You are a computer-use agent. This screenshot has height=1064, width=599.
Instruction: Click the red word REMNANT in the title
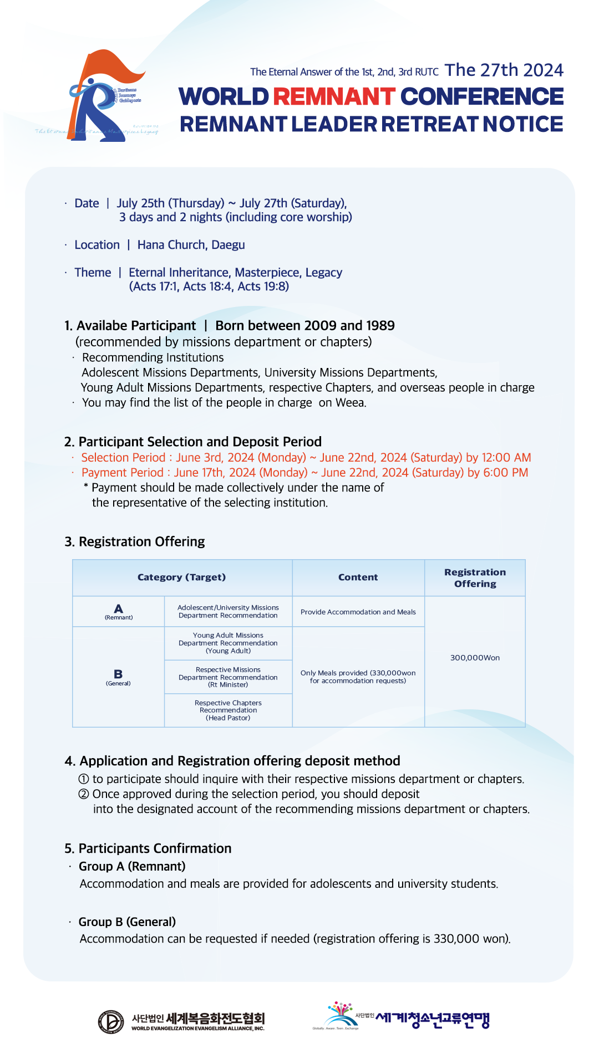[x=334, y=96]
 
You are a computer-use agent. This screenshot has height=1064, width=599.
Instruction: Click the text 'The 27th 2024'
[x=504, y=70]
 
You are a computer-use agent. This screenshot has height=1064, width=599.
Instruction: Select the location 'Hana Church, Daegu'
[x=191, y=245]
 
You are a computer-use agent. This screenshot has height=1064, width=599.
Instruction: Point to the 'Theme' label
[x=93, y=273]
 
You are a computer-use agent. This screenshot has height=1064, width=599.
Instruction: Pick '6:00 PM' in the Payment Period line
[x=505, y=473]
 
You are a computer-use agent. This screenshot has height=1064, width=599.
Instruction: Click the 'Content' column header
[x=358, y=577]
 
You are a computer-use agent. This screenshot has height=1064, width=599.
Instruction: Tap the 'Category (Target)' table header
[x=181, y=577]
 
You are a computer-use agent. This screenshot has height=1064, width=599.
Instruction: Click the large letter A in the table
[x=118, y=608]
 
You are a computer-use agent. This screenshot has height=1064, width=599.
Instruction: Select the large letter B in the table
[x=118, y=674]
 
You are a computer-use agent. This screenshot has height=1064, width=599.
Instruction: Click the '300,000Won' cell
[x=475, y=658]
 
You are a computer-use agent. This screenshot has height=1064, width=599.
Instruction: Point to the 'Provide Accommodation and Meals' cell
[x=358, y=612]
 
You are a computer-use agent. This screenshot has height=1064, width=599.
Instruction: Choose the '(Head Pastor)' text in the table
[x=228, y=718]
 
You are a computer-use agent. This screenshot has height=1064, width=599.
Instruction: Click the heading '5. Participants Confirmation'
[x=148, y=848]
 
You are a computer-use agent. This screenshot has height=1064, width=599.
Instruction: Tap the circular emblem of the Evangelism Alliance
[x=111, y=1022]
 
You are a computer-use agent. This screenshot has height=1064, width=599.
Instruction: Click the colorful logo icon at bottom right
[x=339, y=1015]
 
